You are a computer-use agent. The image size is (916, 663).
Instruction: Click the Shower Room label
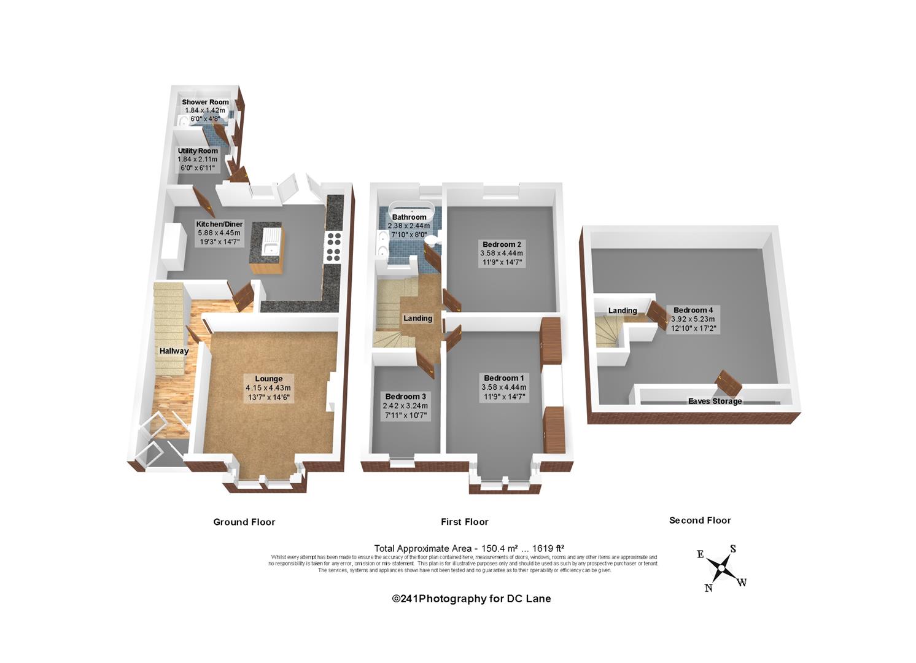[205, 102]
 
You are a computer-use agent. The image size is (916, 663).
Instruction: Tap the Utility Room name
[198, 150]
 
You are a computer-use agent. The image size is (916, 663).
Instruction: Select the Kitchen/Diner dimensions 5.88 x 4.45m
[219, 233]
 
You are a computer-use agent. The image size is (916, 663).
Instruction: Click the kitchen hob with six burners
[333, 246]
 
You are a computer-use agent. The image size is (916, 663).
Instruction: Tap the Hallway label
[174, 351]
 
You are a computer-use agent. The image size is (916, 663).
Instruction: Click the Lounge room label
[269, 379]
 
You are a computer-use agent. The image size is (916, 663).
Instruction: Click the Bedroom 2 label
[502, 244]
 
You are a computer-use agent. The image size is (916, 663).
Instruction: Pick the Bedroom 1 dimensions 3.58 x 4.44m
[504, 387]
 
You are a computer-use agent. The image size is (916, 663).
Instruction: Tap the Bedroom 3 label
[405, 397]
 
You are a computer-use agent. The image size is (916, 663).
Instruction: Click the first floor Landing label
[417, 318]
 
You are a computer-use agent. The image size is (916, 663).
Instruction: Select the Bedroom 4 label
[693, 310]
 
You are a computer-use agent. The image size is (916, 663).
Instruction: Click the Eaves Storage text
[715, 401]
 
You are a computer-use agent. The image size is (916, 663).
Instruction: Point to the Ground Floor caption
[244, 522]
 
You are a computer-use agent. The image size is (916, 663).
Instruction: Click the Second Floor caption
[700, 520]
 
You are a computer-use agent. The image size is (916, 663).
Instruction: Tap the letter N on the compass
[708, 588]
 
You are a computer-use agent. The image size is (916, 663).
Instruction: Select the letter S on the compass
[733, 549]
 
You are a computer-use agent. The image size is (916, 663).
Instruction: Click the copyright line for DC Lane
[472, 599]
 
